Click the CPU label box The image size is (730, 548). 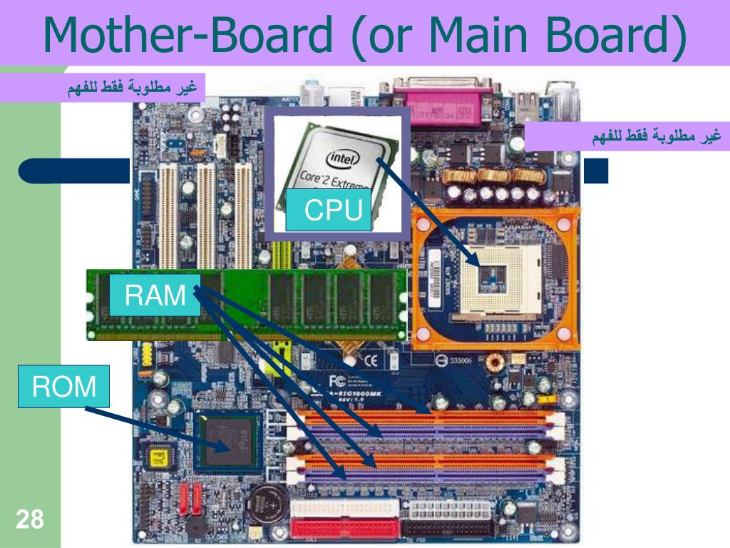[329, 210]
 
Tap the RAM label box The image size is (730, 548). [155, 295]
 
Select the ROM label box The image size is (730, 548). [64, 387]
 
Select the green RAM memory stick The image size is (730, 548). [246, 303]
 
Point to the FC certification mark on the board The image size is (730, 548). [338, 378]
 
